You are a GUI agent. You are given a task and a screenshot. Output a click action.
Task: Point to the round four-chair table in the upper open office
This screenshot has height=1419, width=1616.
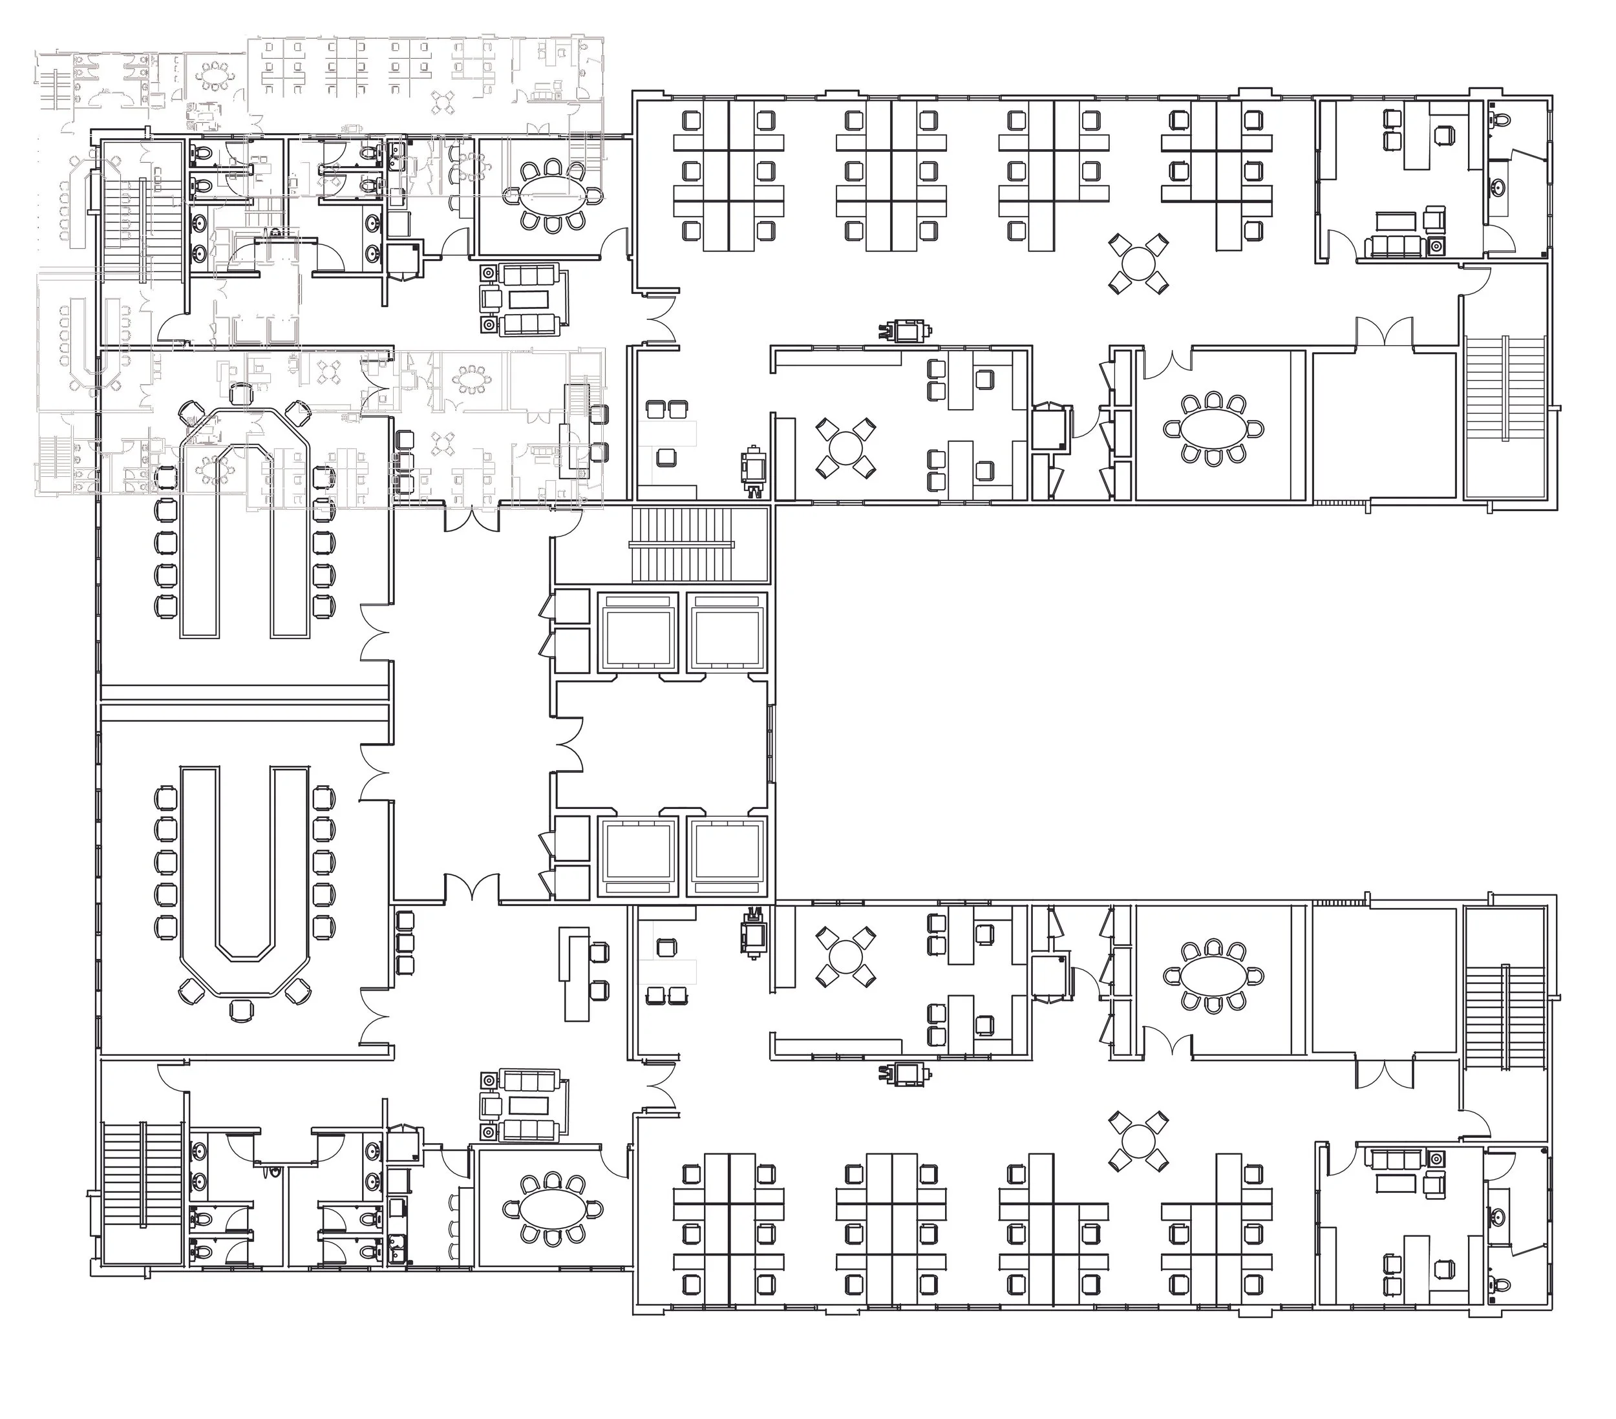[1138, 262]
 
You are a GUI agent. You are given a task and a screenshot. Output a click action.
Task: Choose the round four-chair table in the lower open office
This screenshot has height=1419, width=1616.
[1138, 1140]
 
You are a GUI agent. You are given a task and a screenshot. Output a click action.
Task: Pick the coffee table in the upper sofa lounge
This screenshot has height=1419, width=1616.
[529, 299]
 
